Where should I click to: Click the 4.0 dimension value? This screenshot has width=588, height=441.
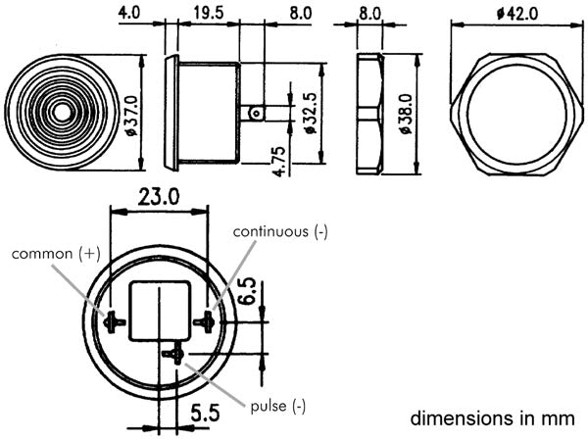127,13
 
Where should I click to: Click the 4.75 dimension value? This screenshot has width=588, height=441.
280,161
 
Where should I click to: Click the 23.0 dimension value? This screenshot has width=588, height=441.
159,196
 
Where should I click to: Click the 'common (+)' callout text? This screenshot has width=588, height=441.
56,253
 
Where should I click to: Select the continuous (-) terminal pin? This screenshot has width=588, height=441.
205,320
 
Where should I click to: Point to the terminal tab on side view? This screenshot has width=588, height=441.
253,113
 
